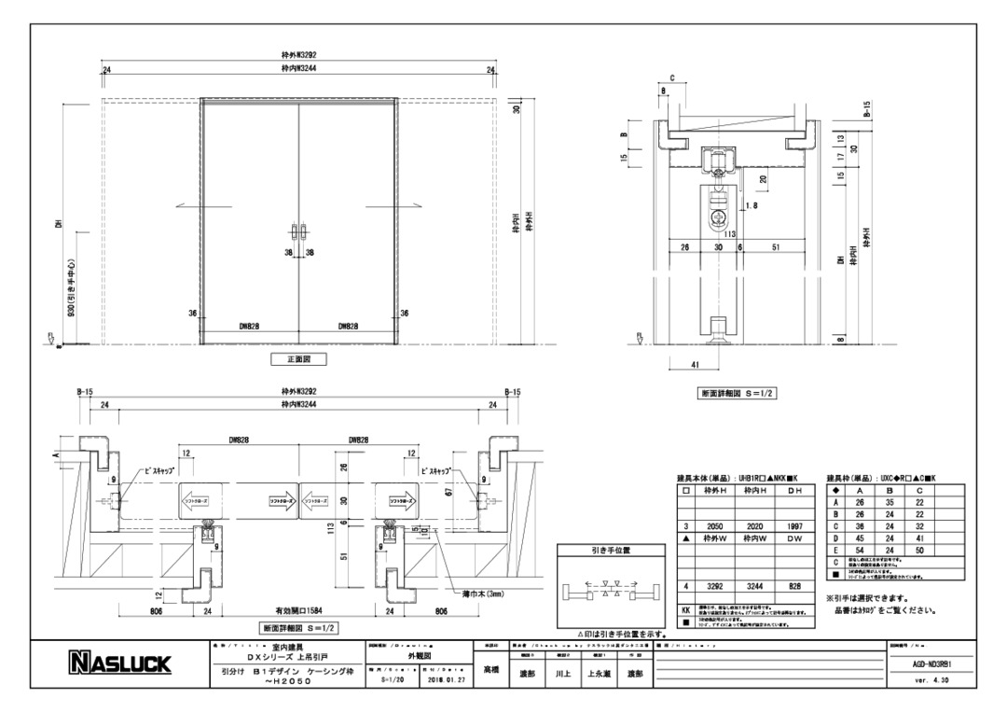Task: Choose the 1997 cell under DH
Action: (x=793, y=526)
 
